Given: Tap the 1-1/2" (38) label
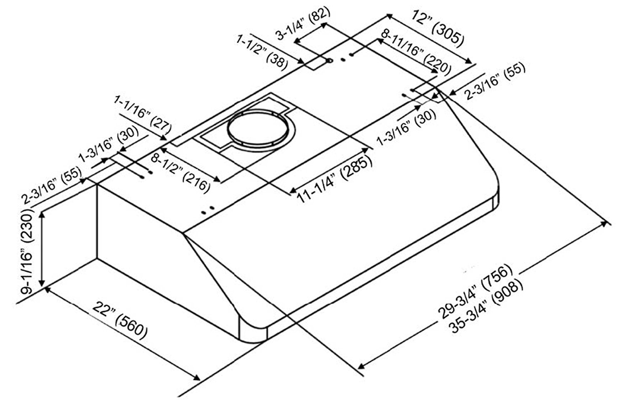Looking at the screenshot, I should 262,52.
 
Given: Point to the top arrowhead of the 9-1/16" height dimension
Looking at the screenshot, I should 42,213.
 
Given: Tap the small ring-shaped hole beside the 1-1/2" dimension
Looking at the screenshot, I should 330,62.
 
